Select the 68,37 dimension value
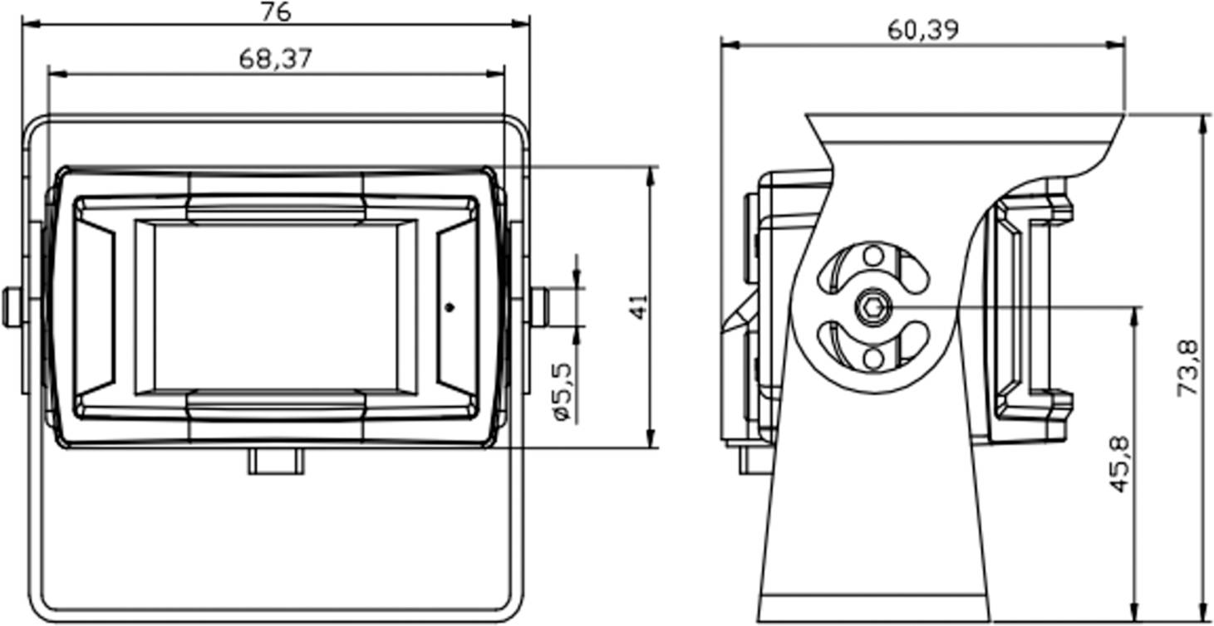coord(276,59)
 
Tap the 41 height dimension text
coord(637,306)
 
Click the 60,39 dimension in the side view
coord(922,30)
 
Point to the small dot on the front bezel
coord(450,307)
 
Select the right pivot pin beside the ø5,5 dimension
coord(539,307)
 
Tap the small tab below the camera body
coord(276,462)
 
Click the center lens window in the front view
coord(276,307)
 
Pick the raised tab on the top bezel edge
coord(276,208)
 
